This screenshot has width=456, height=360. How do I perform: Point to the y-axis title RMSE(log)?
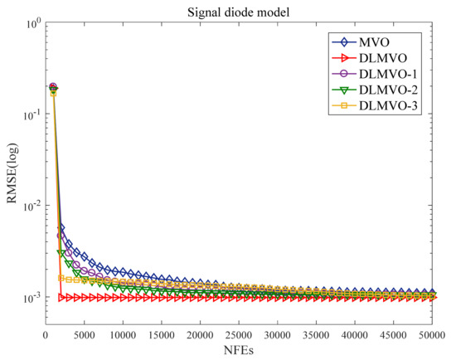pyautogui.click(x=10, y=178)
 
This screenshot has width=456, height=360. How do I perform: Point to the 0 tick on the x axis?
pyautogui.click(x=46, y=335)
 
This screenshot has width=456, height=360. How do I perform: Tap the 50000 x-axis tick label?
pyautogui.click(x=435, y=335)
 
